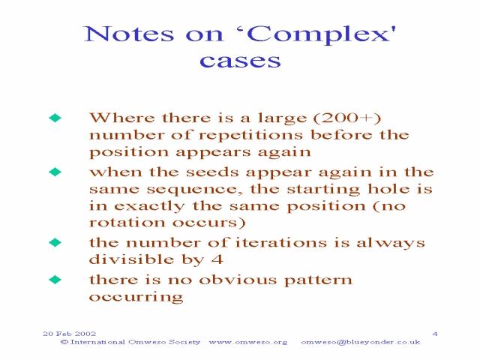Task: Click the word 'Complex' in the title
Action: (x=320, y=34)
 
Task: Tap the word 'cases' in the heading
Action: (x=240, y=61)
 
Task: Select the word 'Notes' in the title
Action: (x=129, y=34)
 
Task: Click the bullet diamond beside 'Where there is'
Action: (x=55, y=118)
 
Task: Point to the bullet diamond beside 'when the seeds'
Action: (x=55, y=172)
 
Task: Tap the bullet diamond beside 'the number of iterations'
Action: (x=55, y=242)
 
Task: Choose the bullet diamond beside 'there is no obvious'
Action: (x=55, y=280)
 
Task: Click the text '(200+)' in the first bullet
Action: (x=346, y=118)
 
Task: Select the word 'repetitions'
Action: (x=251, y=136)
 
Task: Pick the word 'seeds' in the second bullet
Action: (x=212, y=172)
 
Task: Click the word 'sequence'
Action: (x=192, y=190)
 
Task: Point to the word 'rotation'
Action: (x=127, y=223)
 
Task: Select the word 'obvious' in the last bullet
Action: (x=238, y=280)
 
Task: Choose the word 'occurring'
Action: (x=136, y=297)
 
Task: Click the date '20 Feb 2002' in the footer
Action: (x=70, y=334)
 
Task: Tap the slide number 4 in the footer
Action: (x=435, y=334)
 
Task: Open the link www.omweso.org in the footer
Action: (x=248, y=342)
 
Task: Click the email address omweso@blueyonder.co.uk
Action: (x=361, y=342)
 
